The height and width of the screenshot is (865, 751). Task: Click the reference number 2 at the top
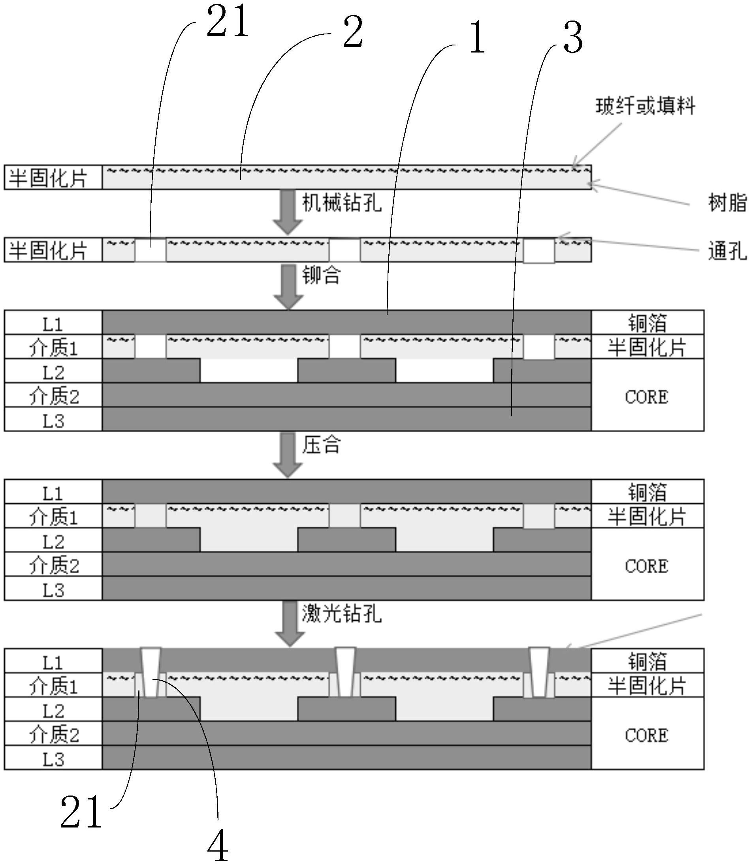coord(352,34)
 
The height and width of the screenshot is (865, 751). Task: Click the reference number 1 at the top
coord(477,39)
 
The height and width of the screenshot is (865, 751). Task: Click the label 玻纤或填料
coord(646,106)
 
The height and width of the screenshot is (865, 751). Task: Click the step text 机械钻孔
coord(342,203)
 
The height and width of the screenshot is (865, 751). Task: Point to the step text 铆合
coord(322,275)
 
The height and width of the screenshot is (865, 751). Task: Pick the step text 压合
coord(322,445)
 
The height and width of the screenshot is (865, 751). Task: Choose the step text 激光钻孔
coord(342,615)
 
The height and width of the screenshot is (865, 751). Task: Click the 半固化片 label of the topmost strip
coord(49,178)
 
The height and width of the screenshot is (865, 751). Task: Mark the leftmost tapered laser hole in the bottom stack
coord(151,673)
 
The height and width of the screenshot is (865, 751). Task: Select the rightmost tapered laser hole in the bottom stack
coord(539,673)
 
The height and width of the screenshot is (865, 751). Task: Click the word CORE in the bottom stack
coord(647,736)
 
